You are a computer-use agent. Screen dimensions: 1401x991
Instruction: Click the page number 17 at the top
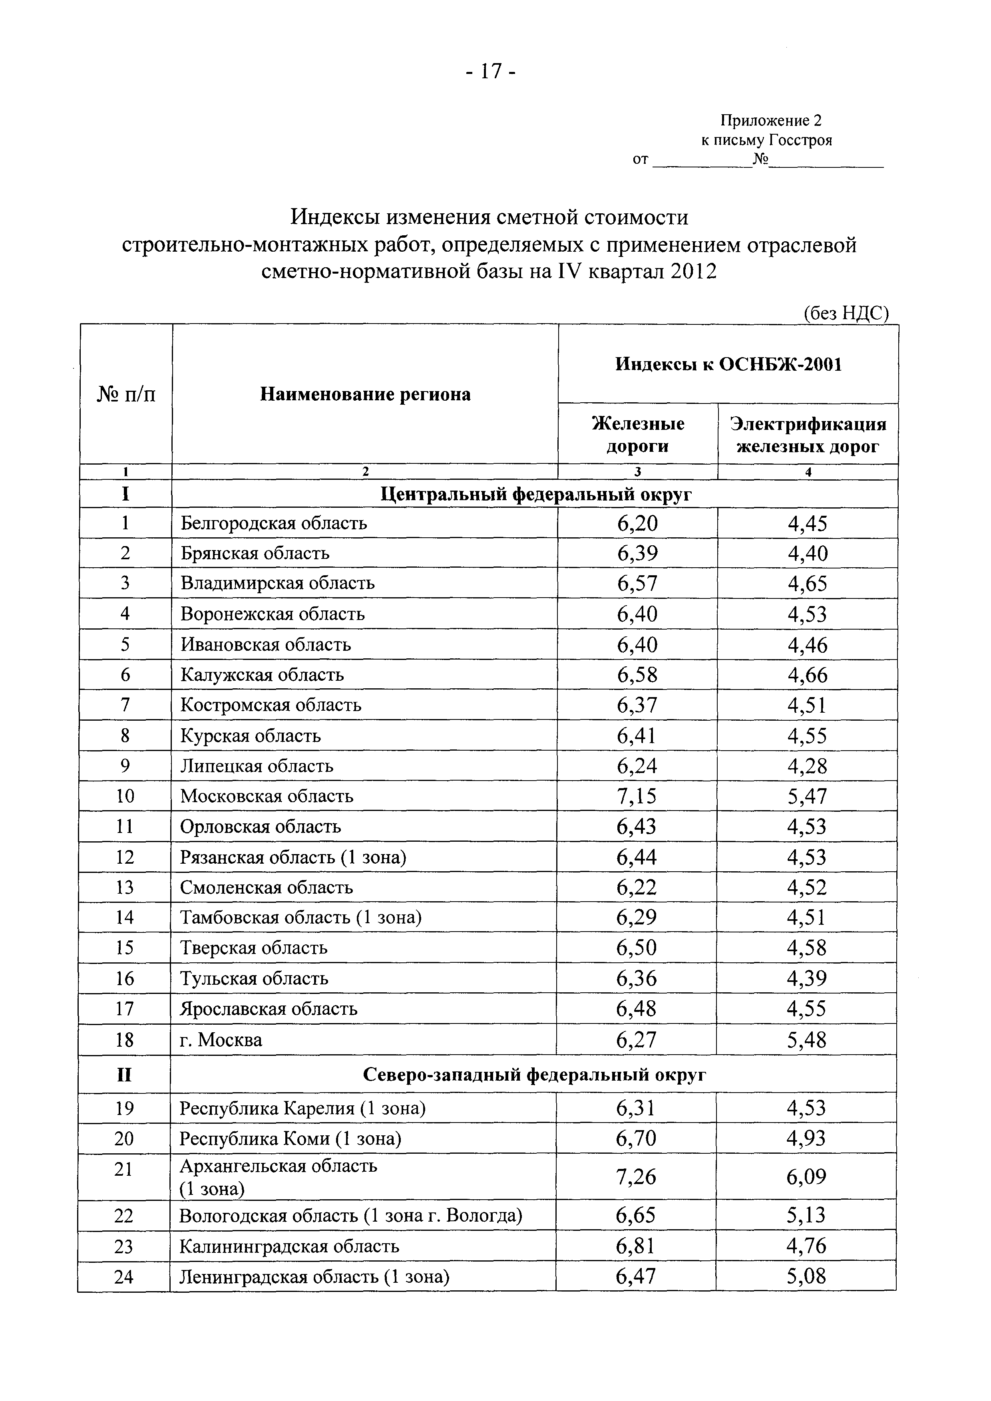click(x=490, y=72)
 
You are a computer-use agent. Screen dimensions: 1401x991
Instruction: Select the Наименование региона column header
click(x=365, y=395)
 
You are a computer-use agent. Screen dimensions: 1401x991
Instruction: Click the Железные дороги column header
click(x=638, y=435)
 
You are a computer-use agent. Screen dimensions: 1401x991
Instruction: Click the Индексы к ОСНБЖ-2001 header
click(x=728, y=364)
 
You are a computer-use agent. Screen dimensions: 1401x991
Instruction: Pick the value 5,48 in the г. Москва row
click(x=806, y=1040)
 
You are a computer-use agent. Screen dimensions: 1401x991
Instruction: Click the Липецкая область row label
click(x=257, y=766)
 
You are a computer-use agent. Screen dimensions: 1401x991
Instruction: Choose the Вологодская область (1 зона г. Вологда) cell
click(x=351, y=1216)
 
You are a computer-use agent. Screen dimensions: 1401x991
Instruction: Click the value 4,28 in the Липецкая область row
click(x=807, y=766)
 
